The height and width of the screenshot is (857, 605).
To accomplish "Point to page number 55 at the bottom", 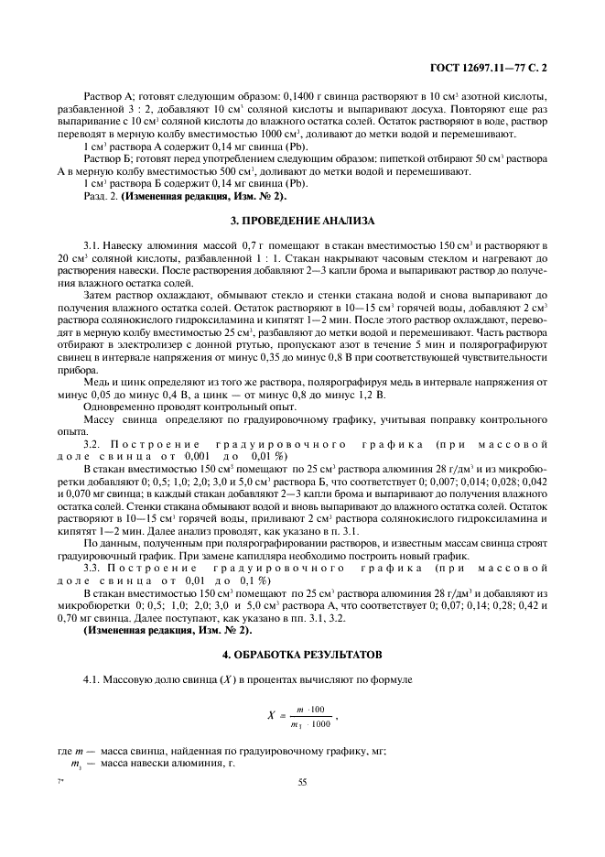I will [x=302, y=782].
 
